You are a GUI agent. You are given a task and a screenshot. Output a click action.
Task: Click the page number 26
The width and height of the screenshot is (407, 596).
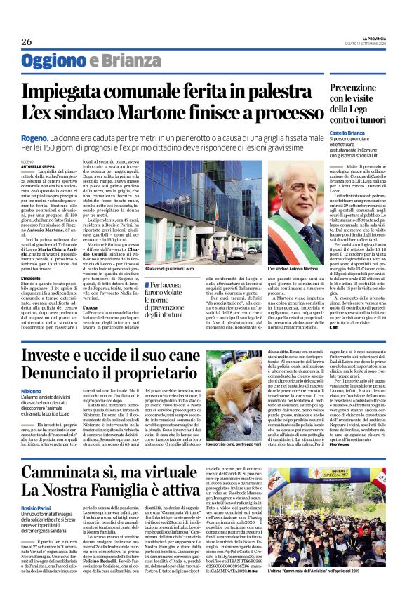pyautogui.click(x=27, y=42)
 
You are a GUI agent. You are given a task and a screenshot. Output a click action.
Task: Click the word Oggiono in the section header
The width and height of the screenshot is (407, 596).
pyautogui.click(x=53, y=61)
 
